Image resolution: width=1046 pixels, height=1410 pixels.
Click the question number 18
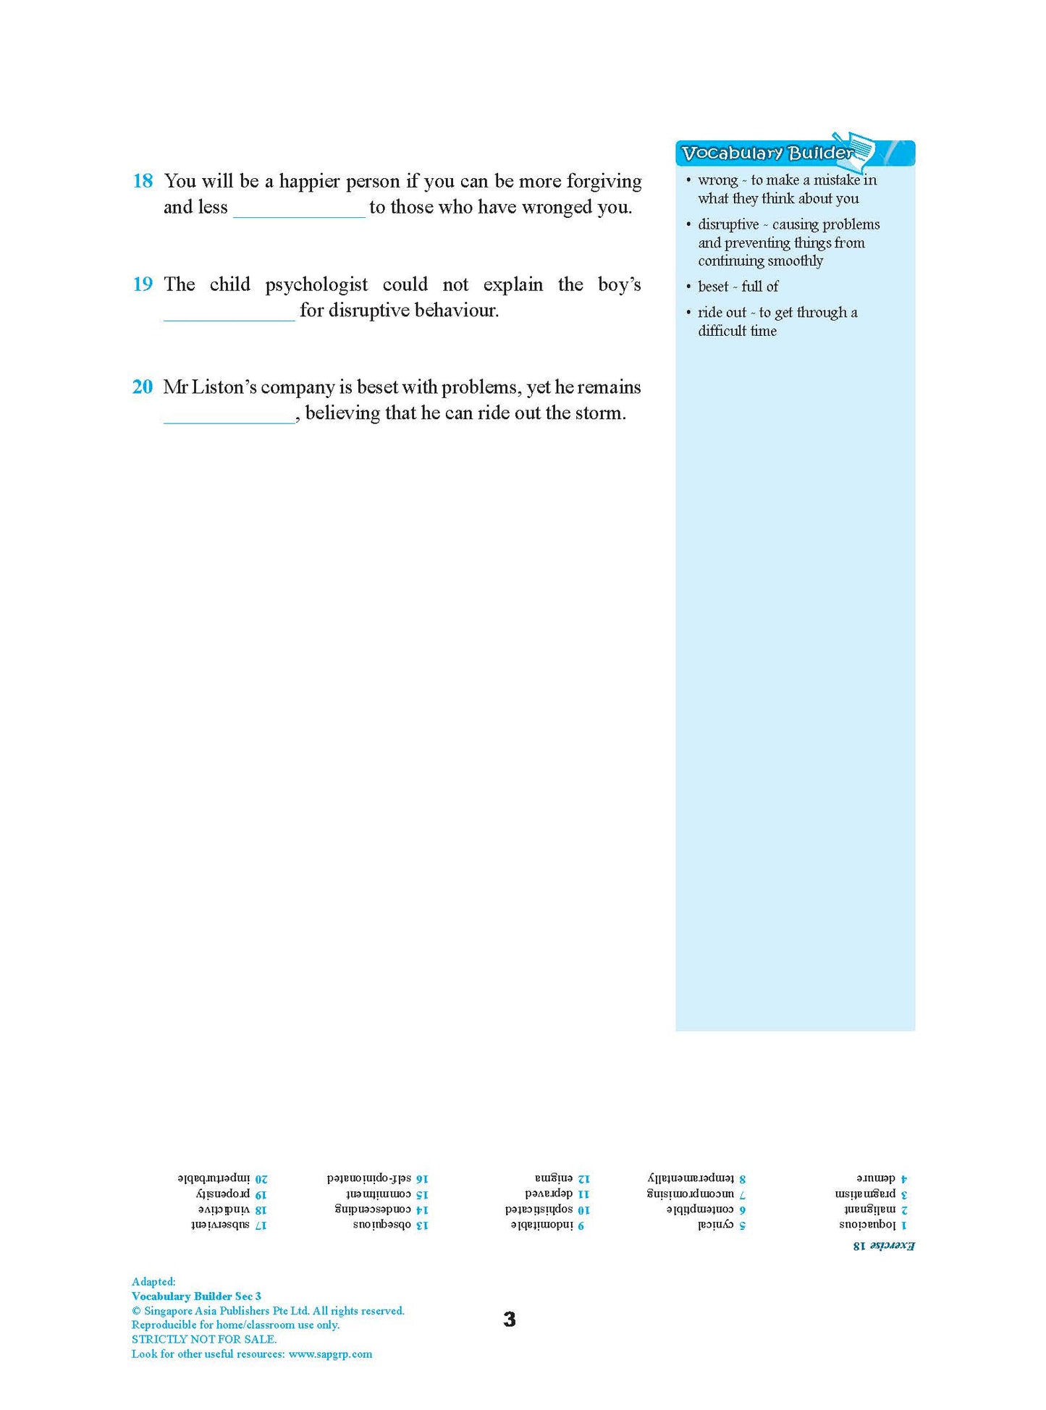143,181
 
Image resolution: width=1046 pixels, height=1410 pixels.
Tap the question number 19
143,284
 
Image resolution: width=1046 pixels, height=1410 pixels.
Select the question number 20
143,387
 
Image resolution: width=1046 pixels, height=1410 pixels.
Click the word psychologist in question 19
316,285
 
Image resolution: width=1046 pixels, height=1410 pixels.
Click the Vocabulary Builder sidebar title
767,153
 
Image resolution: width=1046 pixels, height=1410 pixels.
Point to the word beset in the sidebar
713,287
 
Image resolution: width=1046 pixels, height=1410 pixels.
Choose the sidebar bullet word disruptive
728,224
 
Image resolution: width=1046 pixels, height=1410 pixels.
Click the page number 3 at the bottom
510,1319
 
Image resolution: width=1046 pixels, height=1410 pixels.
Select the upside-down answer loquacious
867,1225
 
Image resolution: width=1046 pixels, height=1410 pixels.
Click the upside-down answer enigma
554,1179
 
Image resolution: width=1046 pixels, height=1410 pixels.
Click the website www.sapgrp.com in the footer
330,1354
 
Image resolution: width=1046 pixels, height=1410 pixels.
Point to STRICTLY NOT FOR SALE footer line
203,1339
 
